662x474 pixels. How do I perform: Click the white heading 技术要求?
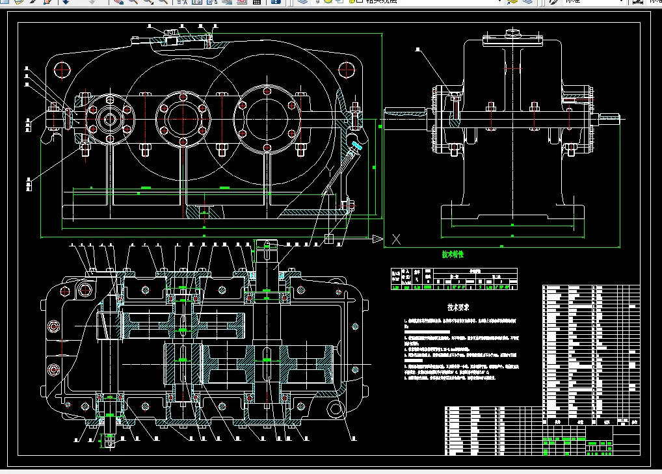[458, 306]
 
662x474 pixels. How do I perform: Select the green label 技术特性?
[453, 254]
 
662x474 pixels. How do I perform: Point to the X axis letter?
[395, 239]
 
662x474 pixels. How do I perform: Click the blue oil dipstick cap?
[354, 146]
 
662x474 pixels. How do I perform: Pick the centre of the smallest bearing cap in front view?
[107, 119]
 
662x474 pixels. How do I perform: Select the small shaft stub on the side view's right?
[611, 118]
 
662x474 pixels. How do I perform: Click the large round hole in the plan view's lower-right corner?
[336, 409]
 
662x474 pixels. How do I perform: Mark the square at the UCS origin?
[329, 239]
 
